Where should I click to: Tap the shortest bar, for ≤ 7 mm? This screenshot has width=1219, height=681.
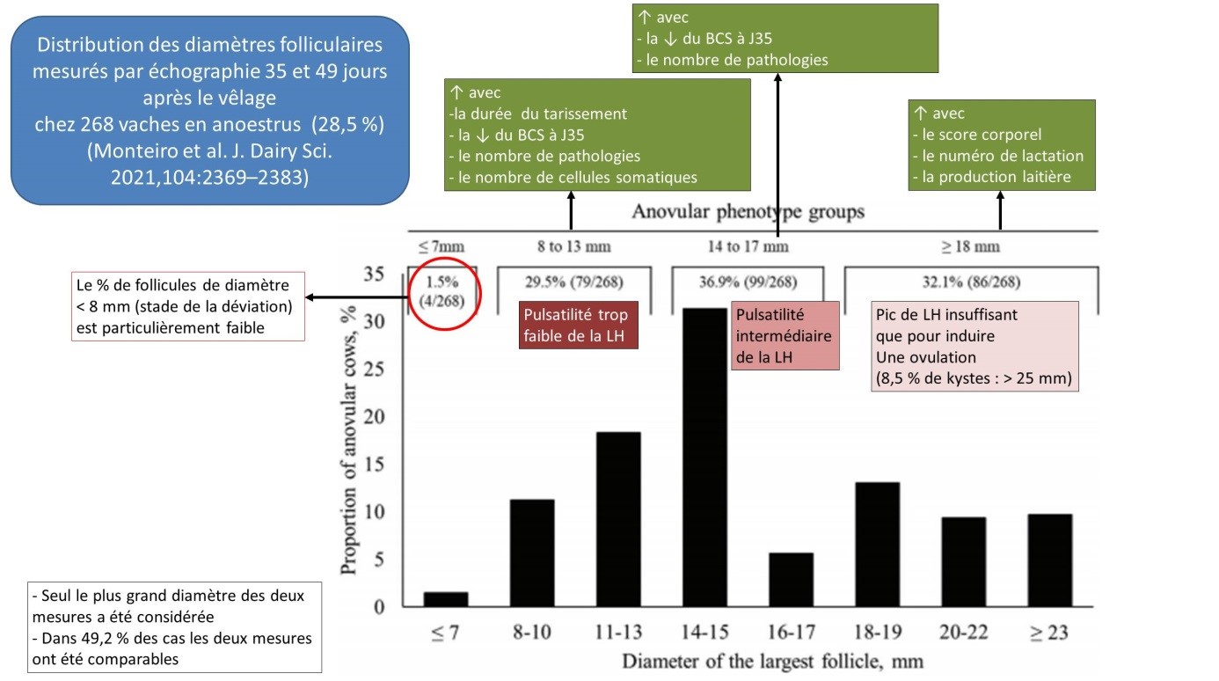click(446, 599)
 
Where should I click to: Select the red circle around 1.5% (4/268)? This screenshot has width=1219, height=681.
click(444, 293)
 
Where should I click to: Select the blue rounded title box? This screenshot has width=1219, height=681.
click(210, 110)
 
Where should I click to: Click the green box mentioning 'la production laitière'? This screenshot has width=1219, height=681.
click(1002, 145)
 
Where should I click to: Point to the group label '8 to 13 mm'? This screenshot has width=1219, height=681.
click(575, 246)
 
